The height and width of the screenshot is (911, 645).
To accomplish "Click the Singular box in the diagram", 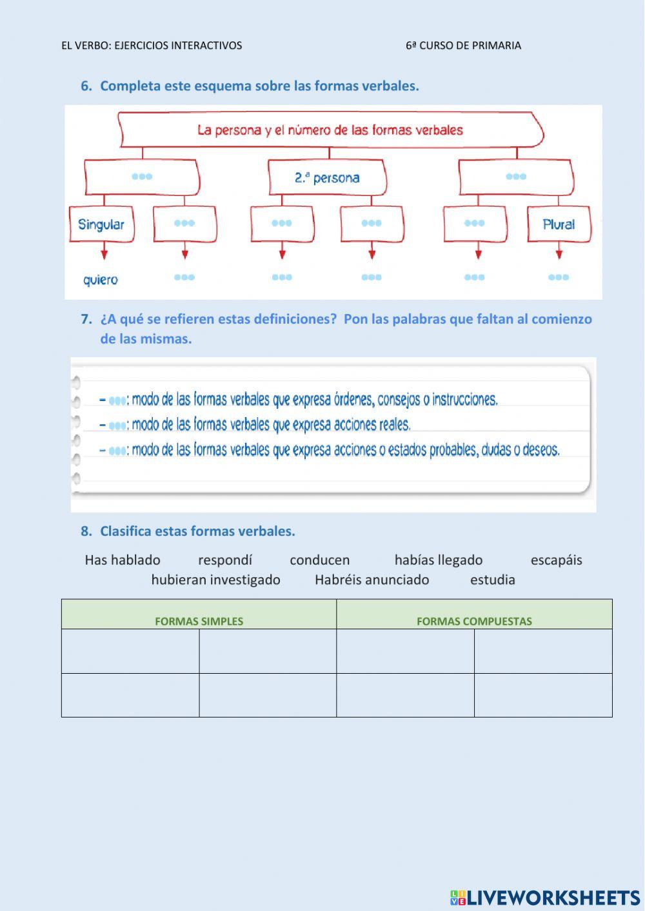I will click(101, 224).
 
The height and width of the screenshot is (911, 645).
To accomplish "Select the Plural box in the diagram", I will click(559, 224).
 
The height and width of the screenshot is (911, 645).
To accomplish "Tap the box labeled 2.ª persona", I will click(327, 177).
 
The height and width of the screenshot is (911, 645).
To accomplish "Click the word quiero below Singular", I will click(101, 280).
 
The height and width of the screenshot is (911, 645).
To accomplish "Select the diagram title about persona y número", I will click(330, 130).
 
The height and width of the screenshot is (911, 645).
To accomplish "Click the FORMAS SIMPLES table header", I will click(199, 622).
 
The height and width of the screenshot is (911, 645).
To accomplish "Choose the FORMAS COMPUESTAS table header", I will click(474, 622).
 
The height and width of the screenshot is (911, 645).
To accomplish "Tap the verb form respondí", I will click(225, 560).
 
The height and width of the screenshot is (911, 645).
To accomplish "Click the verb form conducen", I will click(319, 560).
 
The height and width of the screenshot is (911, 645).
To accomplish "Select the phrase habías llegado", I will click(439, 560).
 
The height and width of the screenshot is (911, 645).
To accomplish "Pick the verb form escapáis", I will click(556, 560).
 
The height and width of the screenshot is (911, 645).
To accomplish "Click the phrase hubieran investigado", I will click(215, 580).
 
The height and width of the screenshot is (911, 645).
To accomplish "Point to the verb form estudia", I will click(492, 580).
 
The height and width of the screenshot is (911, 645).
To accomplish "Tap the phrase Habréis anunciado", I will click(372, 580).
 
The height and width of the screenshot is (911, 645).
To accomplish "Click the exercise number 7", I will click(86, 319).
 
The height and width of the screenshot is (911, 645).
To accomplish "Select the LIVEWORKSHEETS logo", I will click(545, 897).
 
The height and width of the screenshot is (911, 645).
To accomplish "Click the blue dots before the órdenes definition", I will click(117, 401).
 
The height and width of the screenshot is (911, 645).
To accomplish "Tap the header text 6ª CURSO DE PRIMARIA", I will click(463, 46).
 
